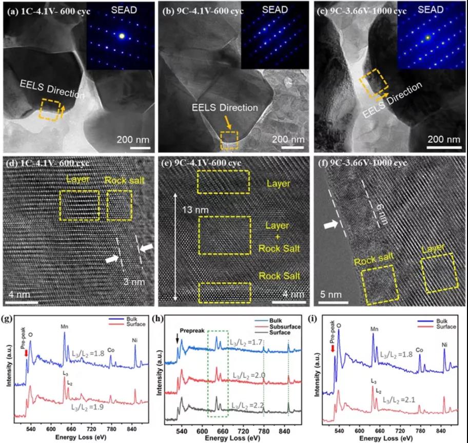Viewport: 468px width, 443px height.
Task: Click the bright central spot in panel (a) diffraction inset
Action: (x=122, y=36)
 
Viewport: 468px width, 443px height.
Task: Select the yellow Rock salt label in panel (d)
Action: (x=120, y=180)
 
